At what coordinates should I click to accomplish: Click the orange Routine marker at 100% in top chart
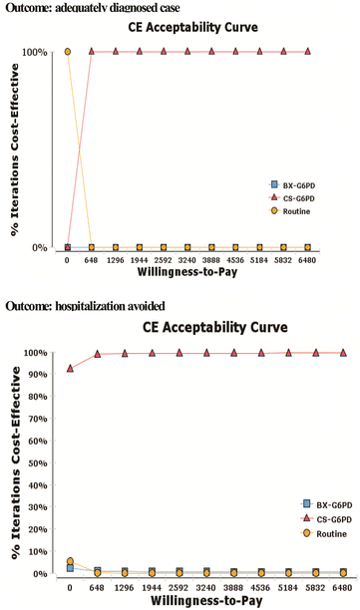point(67,51)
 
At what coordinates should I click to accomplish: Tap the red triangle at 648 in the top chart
point(92,51)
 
